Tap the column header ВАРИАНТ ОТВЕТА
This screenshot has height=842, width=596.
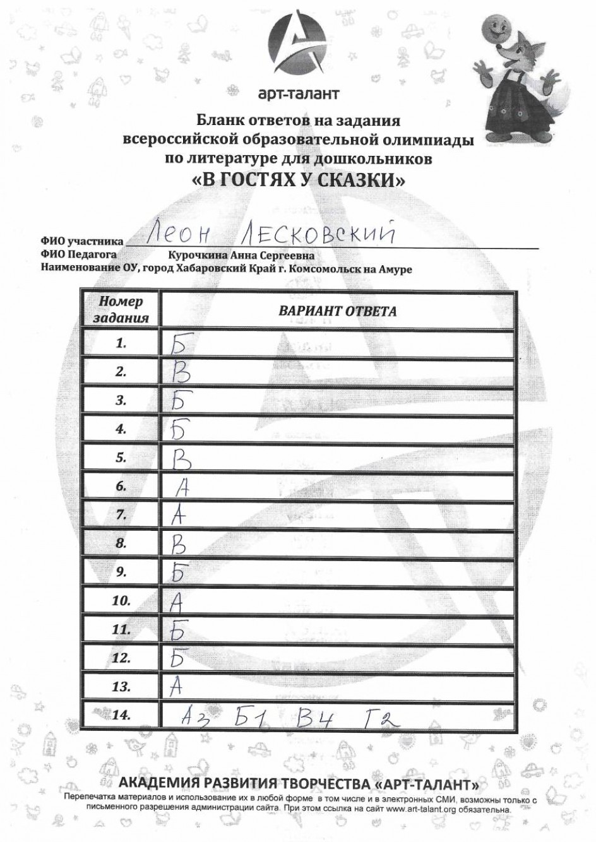coord(338,311)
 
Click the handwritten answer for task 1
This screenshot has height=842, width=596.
coord(181,343)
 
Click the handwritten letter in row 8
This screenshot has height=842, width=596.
coord(180,544)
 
